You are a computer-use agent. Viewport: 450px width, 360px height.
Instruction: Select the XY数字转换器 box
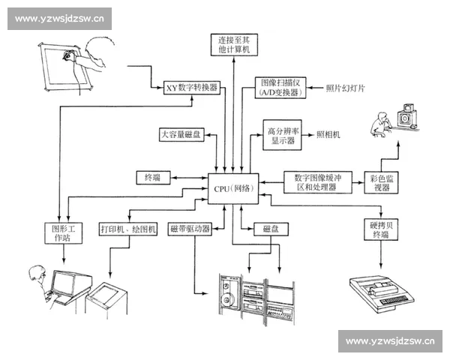tap(191, 88)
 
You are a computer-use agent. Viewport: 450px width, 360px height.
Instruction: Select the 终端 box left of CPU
tap(152, 178)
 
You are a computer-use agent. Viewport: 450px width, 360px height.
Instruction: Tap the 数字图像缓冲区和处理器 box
tap(322, 182)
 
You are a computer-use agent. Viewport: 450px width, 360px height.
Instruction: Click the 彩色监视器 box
tap(382, 182)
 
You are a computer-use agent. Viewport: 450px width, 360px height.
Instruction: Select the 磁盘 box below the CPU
tap(270, 228)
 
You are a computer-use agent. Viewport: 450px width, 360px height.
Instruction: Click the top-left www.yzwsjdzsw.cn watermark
tap(60, 19)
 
